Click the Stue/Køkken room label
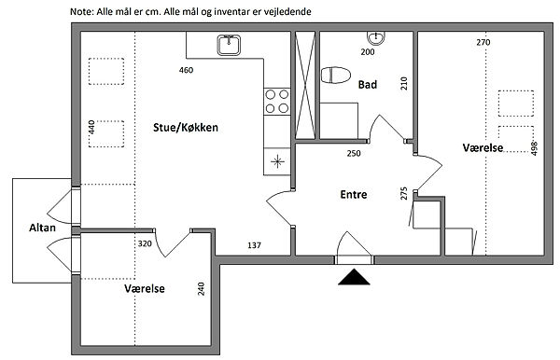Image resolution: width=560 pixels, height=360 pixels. click(x=186, y=128)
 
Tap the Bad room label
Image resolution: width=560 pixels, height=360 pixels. click(x=368, y=85)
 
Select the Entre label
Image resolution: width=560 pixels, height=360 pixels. click(x=354, y=194)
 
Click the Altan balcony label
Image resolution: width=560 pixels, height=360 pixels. click(x=42, y=228)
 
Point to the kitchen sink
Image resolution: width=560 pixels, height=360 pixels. click(x=229, y=45)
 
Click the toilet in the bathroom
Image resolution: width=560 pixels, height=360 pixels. click(x=335, y=75)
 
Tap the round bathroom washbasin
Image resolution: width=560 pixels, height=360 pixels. click(x=376, y=37)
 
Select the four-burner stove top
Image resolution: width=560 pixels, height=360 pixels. click(x=277, y=102)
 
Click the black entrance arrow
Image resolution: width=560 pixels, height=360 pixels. click(x=354, y=277)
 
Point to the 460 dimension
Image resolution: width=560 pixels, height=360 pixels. click(x=186, y=70)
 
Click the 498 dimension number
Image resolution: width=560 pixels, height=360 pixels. click(x=534, y=148)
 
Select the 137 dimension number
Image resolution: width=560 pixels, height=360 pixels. click(x=254, y=245)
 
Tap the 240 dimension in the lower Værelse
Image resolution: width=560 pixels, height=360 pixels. click(x=201, y=289)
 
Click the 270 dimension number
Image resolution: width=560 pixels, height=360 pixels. click(x=483, y=43)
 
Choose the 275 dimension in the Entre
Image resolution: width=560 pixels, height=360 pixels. click(x=404, y=193)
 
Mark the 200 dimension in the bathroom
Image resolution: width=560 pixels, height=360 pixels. click(x=368, y=52)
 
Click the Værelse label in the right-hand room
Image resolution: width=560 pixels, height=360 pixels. click(x=483, y=147)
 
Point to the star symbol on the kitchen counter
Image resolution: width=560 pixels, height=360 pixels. click(x=277, y=161)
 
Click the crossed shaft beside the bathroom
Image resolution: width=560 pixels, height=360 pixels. click(x=306, y=85)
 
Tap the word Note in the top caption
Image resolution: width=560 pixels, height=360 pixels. click(x=81, y=12)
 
